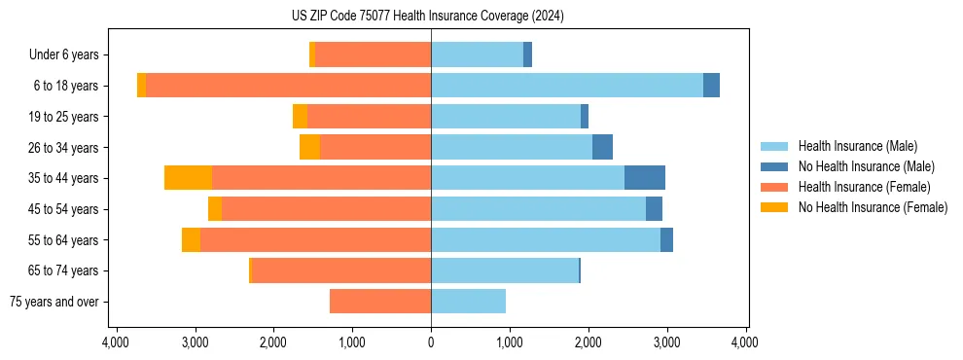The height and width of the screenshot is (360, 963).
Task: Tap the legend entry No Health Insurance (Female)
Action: coord(872,207)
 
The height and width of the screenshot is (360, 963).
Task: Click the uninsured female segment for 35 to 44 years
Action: coord(188,178)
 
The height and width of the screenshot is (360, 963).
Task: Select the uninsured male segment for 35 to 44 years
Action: coord(644,178)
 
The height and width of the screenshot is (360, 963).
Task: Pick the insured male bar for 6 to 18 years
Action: coord(566,86)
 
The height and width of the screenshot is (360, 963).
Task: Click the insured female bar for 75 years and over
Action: coord(380,302)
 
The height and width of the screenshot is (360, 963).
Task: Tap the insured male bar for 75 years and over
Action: coord(468,302)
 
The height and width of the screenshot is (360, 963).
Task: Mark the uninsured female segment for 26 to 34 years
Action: coord(309,147)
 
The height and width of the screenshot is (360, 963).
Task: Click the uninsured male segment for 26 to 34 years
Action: coord(602,147)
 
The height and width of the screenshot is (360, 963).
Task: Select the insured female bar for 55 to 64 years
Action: coord(315,239)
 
